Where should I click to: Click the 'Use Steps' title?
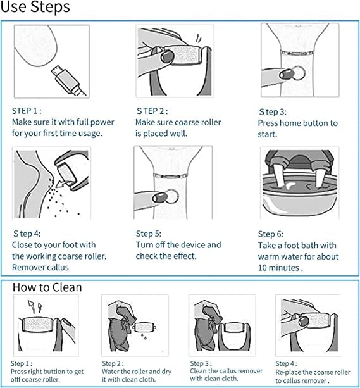pos(35,8)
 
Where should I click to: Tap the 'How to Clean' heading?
pos(47,287)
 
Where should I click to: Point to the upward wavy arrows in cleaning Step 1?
pos(32,306)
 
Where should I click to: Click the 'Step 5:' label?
pos(149,233)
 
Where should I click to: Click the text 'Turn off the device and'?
pos(178,244)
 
